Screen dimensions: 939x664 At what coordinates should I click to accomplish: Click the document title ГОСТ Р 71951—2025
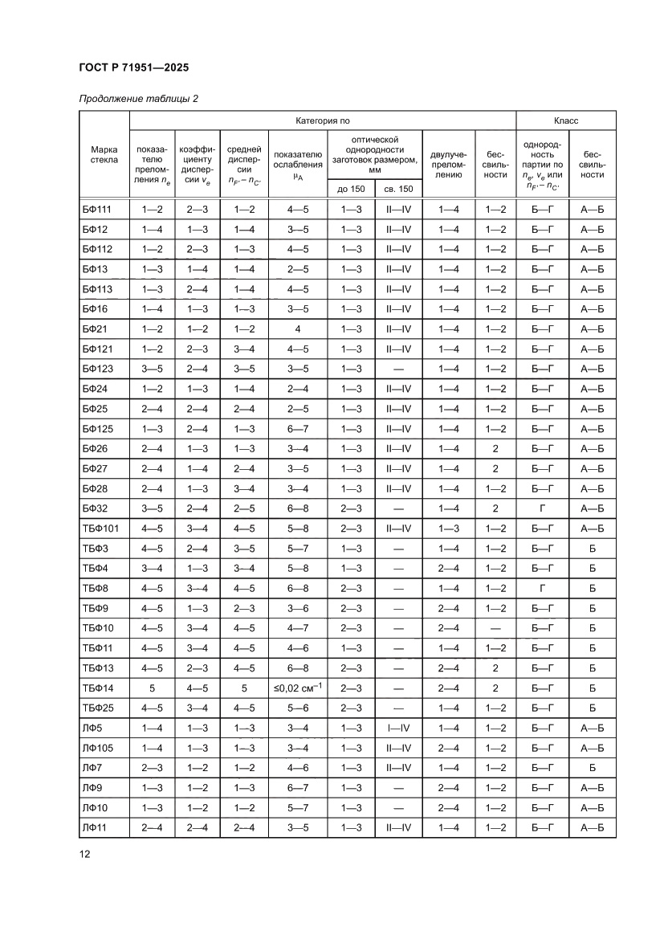click(134, 68)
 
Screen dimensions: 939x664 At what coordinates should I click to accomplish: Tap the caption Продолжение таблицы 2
click(138, 99)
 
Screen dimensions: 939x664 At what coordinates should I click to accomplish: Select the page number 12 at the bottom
click(84, 854)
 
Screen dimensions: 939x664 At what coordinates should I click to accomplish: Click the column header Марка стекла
click(104, 153)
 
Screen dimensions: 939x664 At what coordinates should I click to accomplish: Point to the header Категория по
click(323, 120)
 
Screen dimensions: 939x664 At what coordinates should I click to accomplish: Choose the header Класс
click(566, 120)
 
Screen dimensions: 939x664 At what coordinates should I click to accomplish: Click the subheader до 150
click(351, 188)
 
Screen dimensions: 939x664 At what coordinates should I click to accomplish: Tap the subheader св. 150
click(398, 188)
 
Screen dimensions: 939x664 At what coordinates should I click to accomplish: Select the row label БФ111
click(96, 210)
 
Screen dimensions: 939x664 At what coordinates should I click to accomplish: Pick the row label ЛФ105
click(98, 747)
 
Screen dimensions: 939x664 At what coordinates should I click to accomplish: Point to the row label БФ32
click(95, 508)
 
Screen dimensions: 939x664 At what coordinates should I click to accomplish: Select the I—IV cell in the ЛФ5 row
click(398, 728)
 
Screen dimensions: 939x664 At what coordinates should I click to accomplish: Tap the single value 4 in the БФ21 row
click(298, 329)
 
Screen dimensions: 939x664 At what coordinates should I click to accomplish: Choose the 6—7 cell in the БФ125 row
click(298, 429)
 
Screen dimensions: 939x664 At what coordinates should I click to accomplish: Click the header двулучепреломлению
click(448, 162)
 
